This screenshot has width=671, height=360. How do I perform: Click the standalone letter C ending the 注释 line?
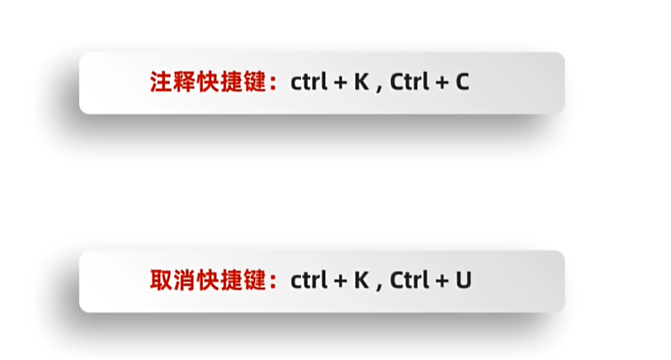(x=462, y=83)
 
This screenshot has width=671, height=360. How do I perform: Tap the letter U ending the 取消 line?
(x=463, y=281)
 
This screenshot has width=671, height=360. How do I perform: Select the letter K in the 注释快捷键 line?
(x=361, y=83)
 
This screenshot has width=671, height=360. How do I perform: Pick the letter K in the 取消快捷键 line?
(x=361, y=281)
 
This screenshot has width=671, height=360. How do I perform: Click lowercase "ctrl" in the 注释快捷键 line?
(x=308, y=83)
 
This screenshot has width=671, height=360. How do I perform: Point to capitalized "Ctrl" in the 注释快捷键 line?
(x=409, y=83)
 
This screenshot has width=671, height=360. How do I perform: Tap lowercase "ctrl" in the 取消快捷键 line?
(x=308, y=281)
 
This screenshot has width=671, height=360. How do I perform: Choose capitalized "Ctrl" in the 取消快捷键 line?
(x=409, y=281)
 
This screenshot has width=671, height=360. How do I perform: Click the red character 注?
(x=160, y=83)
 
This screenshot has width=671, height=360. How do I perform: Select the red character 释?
(x=184, y=83)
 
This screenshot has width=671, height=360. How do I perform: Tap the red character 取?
(x=160, y=281)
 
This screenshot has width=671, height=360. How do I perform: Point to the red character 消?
(x=184, y=281)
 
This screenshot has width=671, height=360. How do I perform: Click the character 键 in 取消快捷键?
(x=254, y=281)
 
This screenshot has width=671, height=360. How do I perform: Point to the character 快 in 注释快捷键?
(x=207, y=83)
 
